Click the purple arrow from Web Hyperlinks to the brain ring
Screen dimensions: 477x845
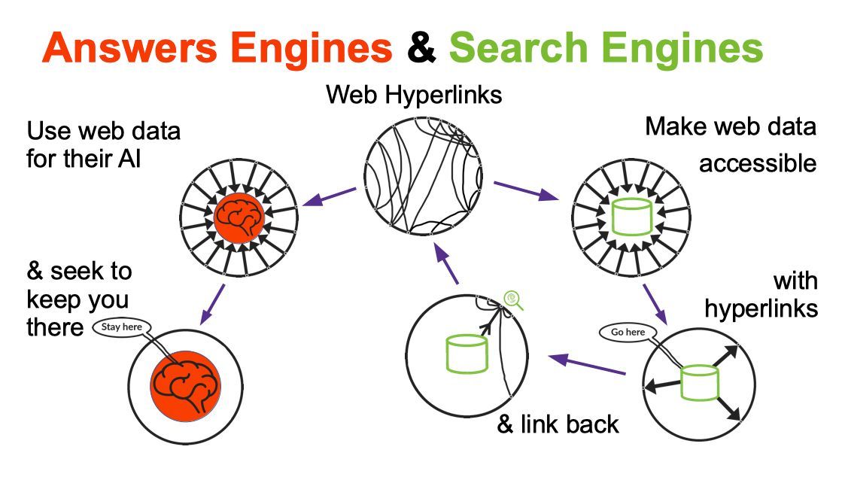tap(329, 197)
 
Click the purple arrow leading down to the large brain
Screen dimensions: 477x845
tap(214, 302)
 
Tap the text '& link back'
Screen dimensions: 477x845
tap(558, 424)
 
